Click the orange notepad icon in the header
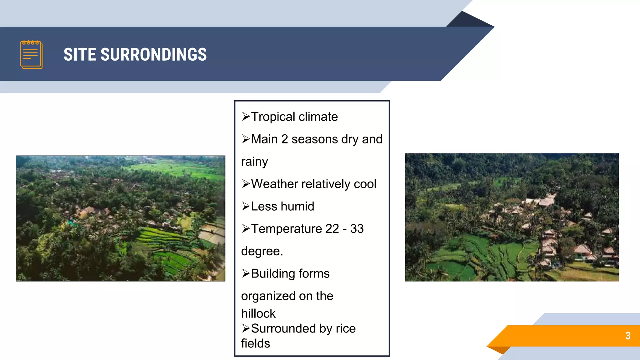(x=31, y=54)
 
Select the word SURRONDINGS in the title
(x=153, y=54)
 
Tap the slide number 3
(x=628, y=336)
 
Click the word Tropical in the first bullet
(x=273, y=117)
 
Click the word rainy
(x=254, y=162)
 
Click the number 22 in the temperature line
(x=332, y=229)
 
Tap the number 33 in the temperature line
(x=357, y=229)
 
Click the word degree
(x=262, y=251)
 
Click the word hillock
(x=258, y=313)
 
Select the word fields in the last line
(x=255, y=343)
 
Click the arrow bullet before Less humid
(x=246, y=206)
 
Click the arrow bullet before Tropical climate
(x=246, y=117)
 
